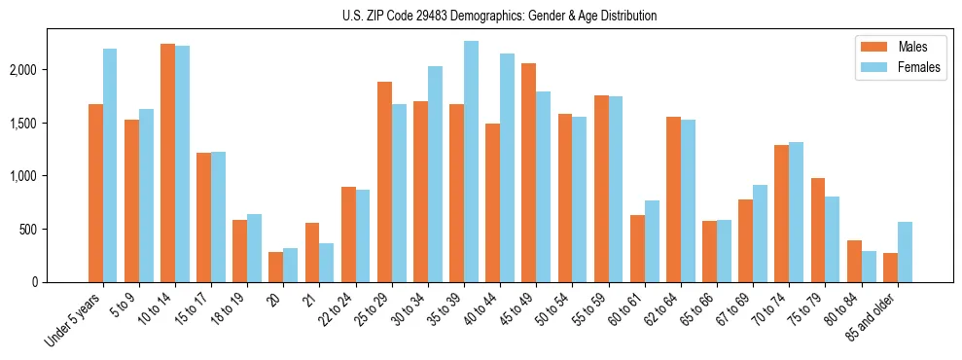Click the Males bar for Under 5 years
pyautogui.click(x=95, y=194)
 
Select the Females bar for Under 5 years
pyautogui.click(x=110, y=165)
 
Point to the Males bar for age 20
pyautogui.click(x=275, y=268)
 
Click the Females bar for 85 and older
pyautogui.click(x=905, y=252)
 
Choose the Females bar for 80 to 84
pyautogui.click(x=869, y=267)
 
